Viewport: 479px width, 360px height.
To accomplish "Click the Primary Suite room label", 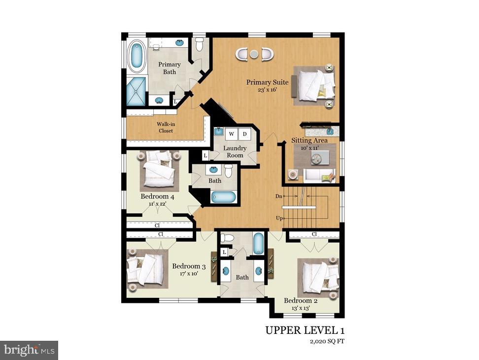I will pyautogui.click(x=268, y=82).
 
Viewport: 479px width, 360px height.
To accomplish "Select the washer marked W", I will pyautogui.click(x=231, y=134).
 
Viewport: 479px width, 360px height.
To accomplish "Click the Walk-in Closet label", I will pyautogui.click(x=166, y=127).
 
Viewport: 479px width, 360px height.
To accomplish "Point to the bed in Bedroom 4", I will pyautogui.click(x=158, y=171).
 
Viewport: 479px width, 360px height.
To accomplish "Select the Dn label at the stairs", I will pyautogui.click(x=278, y=196).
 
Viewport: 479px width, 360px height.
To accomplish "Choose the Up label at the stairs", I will pyautogui.click(x=278, y=218).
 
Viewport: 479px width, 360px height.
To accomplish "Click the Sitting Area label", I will pyautogui.click(x=309, y=141).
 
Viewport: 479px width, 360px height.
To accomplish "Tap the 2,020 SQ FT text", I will pyautogui.click(x=324, y=341).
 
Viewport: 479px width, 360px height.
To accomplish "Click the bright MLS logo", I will pyautogui.click(x=29, y=350).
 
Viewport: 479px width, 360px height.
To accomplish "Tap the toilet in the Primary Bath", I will pyautogui.click(x=200, y=45).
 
